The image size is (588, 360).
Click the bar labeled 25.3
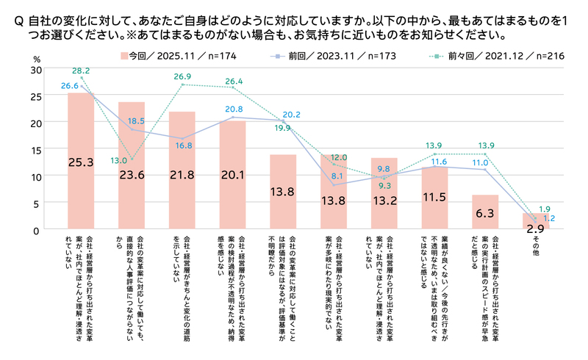(x=81, y=161)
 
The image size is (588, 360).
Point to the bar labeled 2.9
(x=536, y=221)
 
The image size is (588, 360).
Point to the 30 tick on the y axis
(x=37, y=68)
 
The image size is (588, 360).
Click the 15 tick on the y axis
(x=37, y=149)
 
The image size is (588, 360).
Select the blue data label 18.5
(x=136, y=120)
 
